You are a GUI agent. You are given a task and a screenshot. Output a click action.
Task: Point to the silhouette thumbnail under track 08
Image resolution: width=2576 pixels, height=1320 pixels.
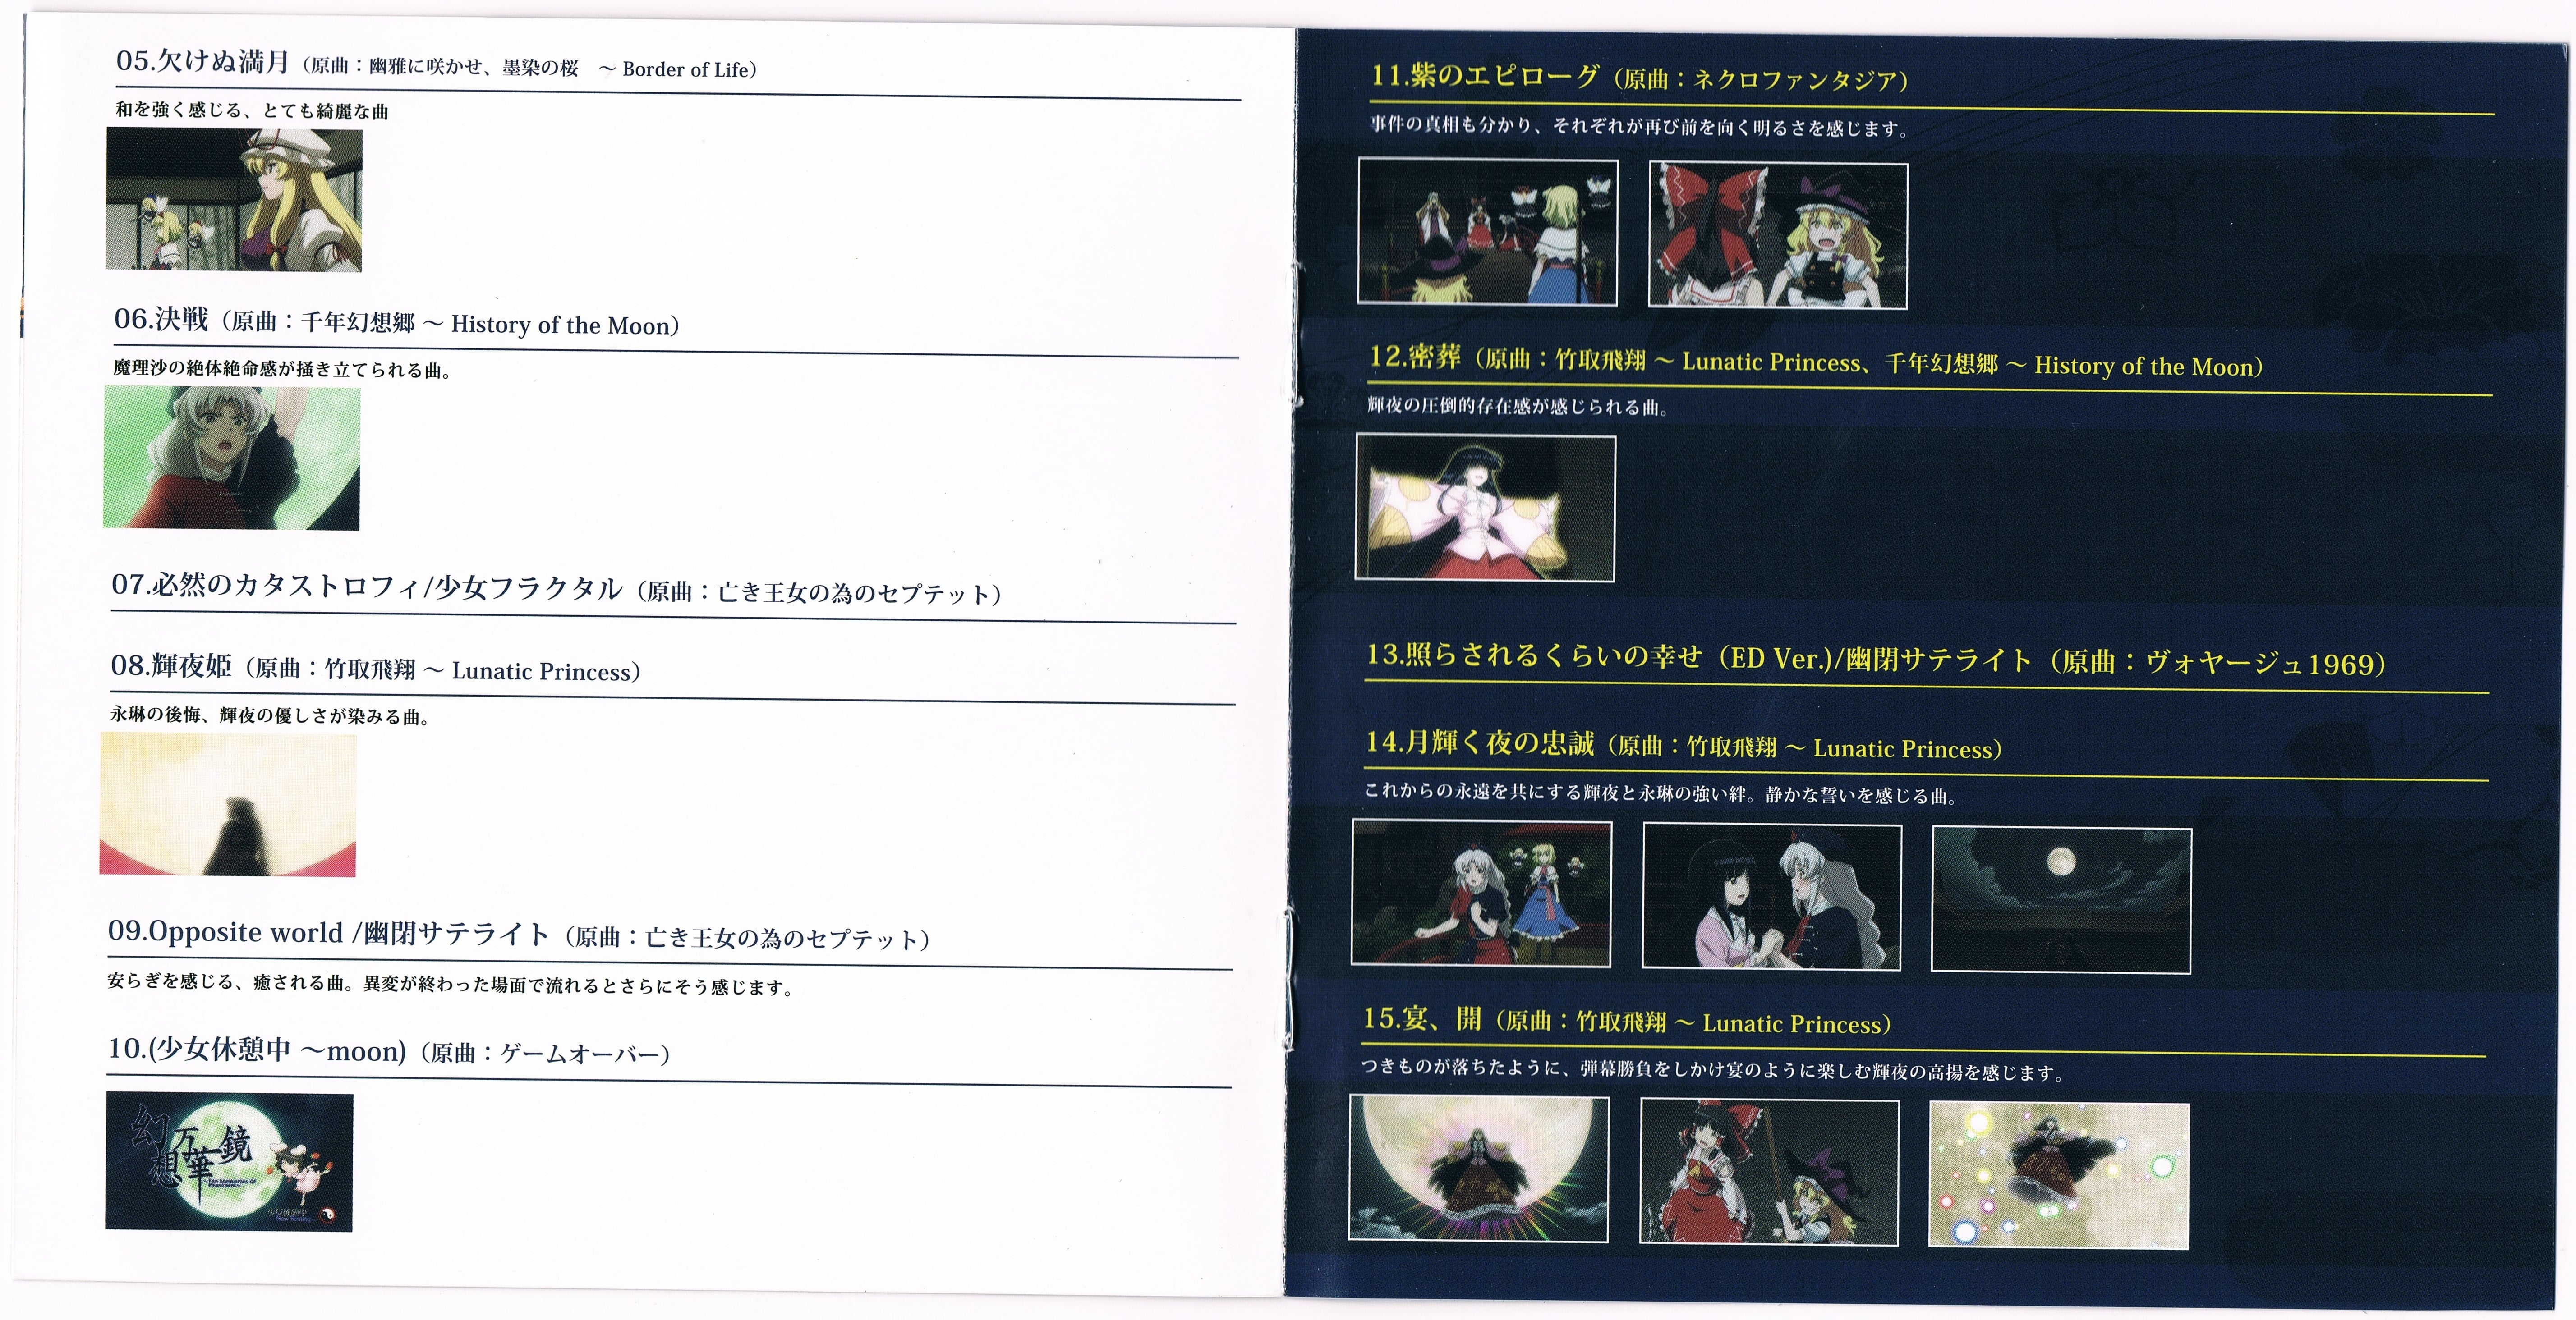(228, 805)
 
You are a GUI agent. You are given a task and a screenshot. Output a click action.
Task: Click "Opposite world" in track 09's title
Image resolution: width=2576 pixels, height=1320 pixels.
(225, 932)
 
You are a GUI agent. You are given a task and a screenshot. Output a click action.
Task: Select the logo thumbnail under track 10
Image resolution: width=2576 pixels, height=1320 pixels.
(229, 1161)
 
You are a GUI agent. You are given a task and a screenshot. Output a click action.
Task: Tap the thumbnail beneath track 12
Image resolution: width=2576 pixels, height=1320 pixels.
(1485, 507)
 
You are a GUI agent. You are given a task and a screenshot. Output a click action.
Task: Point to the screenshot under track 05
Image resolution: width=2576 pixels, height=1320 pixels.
(234, 200)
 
